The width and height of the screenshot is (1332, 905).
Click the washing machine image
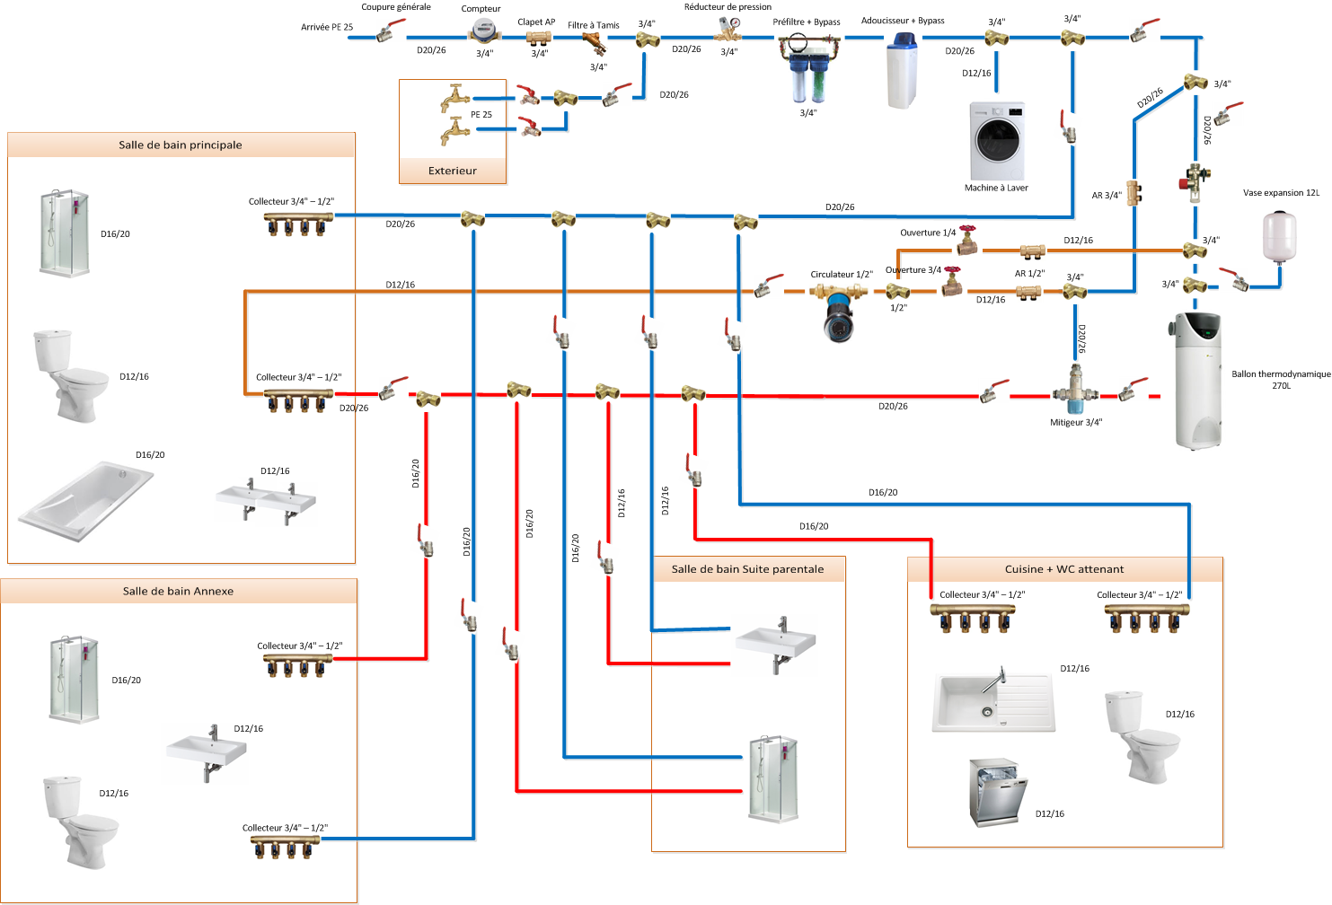[997, 141]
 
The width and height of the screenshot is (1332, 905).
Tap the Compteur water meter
[483, 31]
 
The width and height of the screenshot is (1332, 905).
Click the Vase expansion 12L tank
[1279, 235]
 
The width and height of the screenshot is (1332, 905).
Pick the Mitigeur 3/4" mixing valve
[1075, 391]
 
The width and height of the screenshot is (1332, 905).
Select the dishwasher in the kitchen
[996, 792]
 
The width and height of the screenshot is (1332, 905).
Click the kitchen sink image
[993, 701]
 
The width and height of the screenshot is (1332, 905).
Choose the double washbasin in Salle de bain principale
[266, 501]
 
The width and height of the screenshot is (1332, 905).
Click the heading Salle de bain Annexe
[178, 591]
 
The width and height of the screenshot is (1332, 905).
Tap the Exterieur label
[453, 171]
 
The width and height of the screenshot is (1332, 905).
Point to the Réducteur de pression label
[728, 7]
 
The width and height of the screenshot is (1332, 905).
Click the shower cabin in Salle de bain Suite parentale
[773, 778]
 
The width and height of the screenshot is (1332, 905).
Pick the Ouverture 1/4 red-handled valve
[966, 241]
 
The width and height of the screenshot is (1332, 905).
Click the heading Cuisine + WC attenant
[1064, 569]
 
